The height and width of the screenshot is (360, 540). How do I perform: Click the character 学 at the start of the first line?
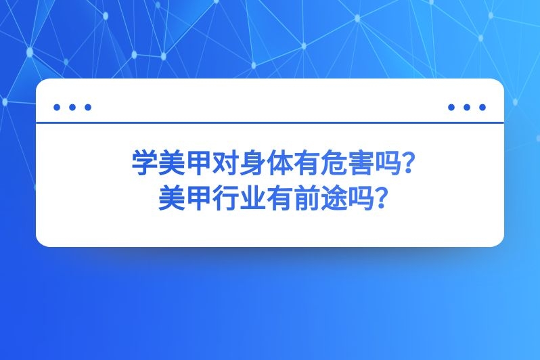[x=143, y=164]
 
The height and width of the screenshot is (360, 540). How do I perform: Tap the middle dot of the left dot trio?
[x=72, y=107]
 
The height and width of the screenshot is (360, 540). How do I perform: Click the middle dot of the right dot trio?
[x=467, y=107]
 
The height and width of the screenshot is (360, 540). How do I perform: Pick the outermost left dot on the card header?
[x=57, y=107]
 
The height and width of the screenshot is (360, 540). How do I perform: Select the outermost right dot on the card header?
[x=482, y=107]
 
